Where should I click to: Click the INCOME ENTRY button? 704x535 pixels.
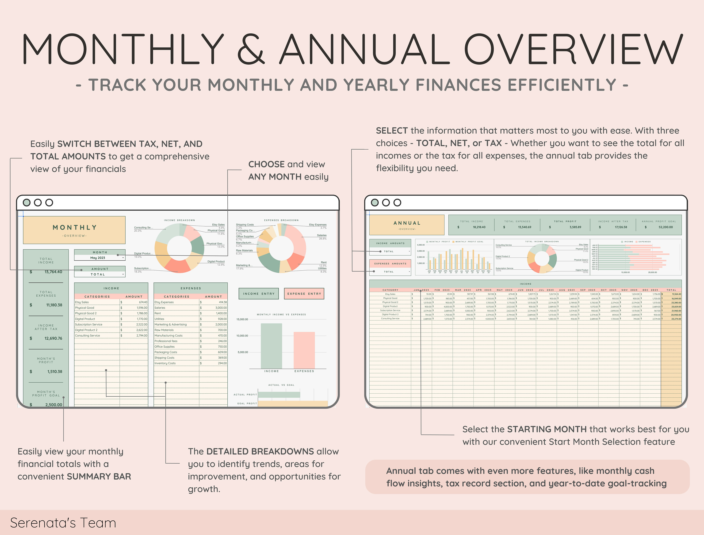coord(258,294)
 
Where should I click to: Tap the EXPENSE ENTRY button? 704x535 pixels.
coord(304,294)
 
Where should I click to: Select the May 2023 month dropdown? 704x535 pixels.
coord(100,258)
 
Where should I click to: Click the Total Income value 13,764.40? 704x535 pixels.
coord(53,272)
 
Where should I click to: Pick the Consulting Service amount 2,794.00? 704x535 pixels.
coord(142,335)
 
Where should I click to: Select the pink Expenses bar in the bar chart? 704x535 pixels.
coord(304,350)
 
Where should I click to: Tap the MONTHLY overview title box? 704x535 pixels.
coord(74,230)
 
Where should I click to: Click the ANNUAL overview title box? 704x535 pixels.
coord(406,225)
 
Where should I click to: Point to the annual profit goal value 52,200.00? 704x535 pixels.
coord(666,227)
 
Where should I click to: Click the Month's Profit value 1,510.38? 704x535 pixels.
coord(55,371)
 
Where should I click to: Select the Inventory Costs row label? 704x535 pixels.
coord(165,363)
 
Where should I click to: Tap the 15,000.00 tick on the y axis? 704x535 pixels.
coord(242,319)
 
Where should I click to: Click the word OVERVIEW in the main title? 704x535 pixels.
coord(573,49)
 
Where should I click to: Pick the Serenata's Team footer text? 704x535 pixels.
coord(63,523)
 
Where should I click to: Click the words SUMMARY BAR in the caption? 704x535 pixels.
coord(99,477)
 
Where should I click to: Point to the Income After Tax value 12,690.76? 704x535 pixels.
coord(53,338)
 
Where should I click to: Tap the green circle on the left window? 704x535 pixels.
coord(27,202)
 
